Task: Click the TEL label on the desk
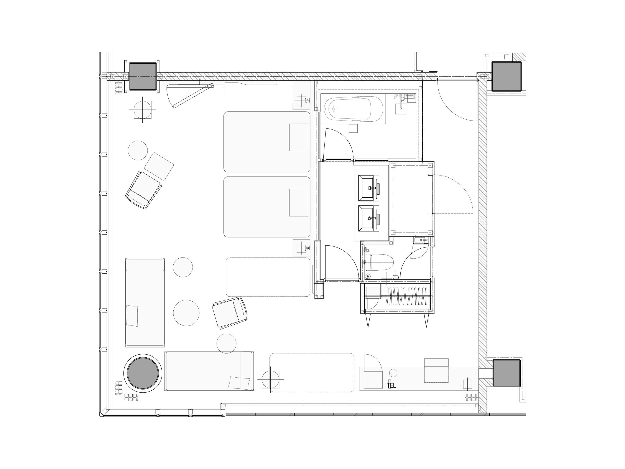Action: tap(391, 385)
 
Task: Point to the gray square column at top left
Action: tap(143, 76)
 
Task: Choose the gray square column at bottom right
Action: tap(507, 373)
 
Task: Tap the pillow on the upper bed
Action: tap(299, 137)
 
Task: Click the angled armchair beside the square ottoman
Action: tap(143, 190)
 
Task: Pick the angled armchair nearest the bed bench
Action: tap(230, 313)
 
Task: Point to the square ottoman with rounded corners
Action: tap(159, 166)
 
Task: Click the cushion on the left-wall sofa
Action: tap(132, 316)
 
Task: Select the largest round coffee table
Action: tap(186, 313)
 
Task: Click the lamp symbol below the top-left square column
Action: tap(142, 110)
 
